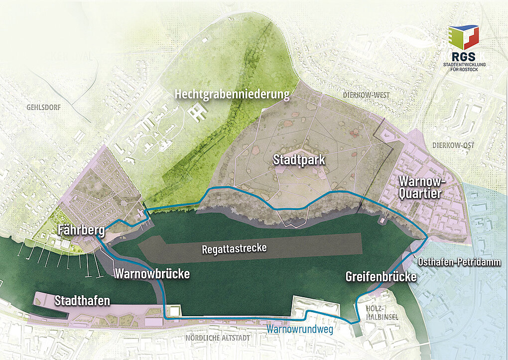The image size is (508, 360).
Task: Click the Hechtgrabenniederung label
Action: pyautogui.click(x=232, y=94)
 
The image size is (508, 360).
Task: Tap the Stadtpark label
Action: pyautogui.click(x=299, y=160)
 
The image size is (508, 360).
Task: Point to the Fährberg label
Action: pyautogui.click(x=81, y=230)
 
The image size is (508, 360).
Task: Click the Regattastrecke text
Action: pyautogui.click(x=234, y=248)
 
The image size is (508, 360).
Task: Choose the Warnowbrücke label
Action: pyautogui.click(x=152, y=274)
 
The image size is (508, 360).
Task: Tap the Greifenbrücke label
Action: pyautogui.click(x=381, y=277)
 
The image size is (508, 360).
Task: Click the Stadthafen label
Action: pyautogui.click(x=83, y=300)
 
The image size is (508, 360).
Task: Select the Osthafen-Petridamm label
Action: pyautogui.click(x=459, y=262)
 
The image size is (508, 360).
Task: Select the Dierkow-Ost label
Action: pyautogui.click(x=453, y=145)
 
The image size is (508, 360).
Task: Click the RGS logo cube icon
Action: pyautogui.click(x=463, y=39)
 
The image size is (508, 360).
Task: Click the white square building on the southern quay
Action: pyautogui.click(x=173, y=311)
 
